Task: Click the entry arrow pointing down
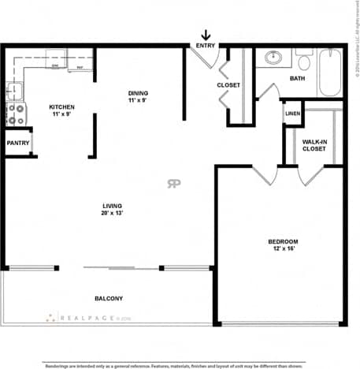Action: coord(206,35)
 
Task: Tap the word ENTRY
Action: coord(206,46)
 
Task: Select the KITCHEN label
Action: coord(62,106)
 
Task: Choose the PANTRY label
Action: coord(18,143)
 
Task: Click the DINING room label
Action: coord(139,92)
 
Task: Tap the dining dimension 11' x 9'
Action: coord(139,100)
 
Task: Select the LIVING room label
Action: coord(112,206)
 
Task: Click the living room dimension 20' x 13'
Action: coord(112,214)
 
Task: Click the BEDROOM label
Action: coord(281,241)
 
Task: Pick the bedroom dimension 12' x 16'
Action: coord(281,249)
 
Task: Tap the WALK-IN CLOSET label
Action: coord(314,145)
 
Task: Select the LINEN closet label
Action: coord(292,114)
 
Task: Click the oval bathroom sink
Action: coord(273,58)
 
